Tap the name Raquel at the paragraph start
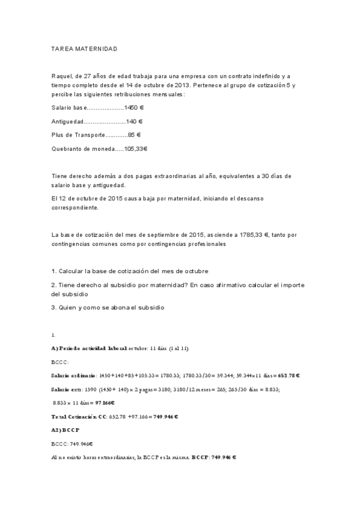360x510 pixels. [x=63, y=75]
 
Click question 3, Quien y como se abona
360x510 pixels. [x=108, y=307]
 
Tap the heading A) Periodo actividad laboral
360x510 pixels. [x=90, y=348]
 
